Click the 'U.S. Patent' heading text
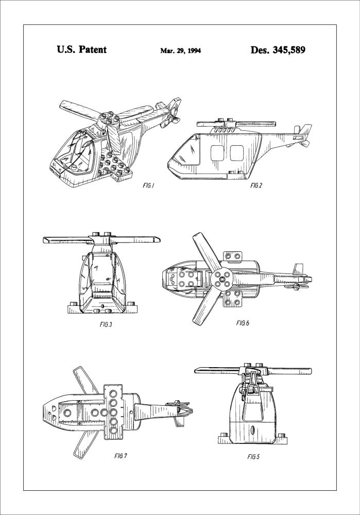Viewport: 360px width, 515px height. [81, 50]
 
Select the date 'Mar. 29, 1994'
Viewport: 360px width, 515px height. [180, 51]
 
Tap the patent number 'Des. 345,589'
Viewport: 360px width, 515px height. [278, 50]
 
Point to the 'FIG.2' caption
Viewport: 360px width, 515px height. [256, 185]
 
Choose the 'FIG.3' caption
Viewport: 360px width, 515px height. [105, 325]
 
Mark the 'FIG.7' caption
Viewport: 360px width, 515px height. [120, 456]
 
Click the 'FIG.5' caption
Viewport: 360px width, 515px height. [254, 456]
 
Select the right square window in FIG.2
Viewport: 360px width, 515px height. [237, 153]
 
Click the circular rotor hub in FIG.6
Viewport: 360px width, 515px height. [223, 281]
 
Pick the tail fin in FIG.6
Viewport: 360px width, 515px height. [298, 269]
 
